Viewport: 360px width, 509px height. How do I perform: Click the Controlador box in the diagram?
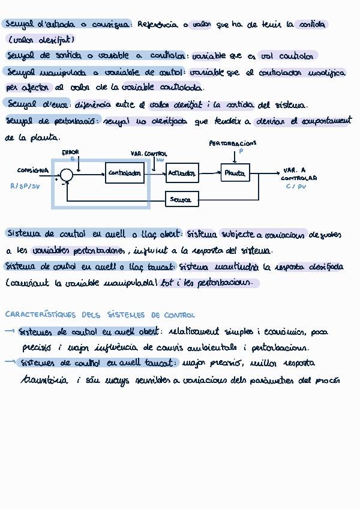coord(125,174)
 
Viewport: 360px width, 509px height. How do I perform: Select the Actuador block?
coord(182,173)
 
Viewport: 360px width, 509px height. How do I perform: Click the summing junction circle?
coord(67,175)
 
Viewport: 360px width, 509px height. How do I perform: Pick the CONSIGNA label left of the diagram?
coord(32,170)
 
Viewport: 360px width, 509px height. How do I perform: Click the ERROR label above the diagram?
coord(70,152)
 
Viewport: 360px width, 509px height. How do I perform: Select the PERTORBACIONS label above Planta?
coord(232,143)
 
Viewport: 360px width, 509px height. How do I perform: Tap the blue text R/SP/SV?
coord(25,187)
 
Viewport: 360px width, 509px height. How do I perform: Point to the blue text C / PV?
coord(296,187)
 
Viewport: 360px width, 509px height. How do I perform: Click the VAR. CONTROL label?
coord(149,154)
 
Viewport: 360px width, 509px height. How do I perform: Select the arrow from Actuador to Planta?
coord(209,173)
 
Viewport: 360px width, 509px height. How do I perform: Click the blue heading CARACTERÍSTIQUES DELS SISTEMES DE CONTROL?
coord(100,315)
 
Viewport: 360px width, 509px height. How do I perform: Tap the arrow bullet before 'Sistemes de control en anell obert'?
coord(10,331)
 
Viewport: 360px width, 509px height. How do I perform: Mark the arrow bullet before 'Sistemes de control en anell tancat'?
coord(10,362)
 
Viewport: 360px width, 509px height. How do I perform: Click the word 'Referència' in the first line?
coord(157,25)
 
